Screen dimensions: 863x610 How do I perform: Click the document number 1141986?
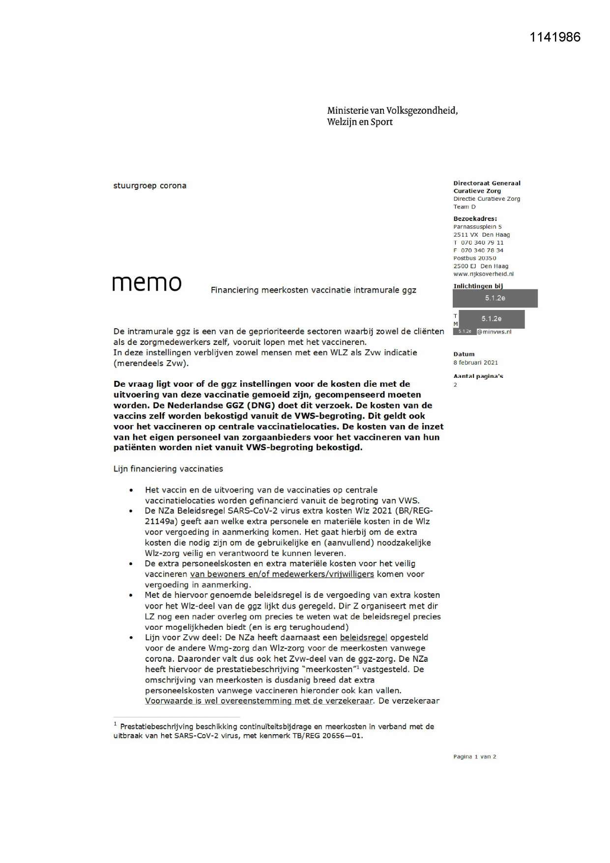555,37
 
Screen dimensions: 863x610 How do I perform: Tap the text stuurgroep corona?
150,186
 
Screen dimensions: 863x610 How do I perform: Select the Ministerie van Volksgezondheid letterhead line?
392,111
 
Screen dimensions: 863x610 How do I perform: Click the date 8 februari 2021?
475,363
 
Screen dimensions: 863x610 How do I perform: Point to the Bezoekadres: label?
475,219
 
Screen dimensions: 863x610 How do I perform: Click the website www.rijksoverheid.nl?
483,274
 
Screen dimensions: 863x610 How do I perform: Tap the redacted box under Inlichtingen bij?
495,298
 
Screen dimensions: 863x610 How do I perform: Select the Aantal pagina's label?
478,376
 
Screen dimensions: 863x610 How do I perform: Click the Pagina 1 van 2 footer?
474,757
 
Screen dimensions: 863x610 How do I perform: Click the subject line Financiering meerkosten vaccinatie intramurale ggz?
313,290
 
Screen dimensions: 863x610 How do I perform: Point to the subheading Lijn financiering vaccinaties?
168,469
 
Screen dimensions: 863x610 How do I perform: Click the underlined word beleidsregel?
363,638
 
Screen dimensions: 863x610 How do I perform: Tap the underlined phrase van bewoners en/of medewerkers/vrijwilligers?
282,574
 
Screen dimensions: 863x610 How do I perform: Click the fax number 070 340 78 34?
482,250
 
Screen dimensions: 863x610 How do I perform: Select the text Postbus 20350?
474,258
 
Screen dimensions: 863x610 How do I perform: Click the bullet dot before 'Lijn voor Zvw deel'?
131,638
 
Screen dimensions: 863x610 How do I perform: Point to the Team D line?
465,207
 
